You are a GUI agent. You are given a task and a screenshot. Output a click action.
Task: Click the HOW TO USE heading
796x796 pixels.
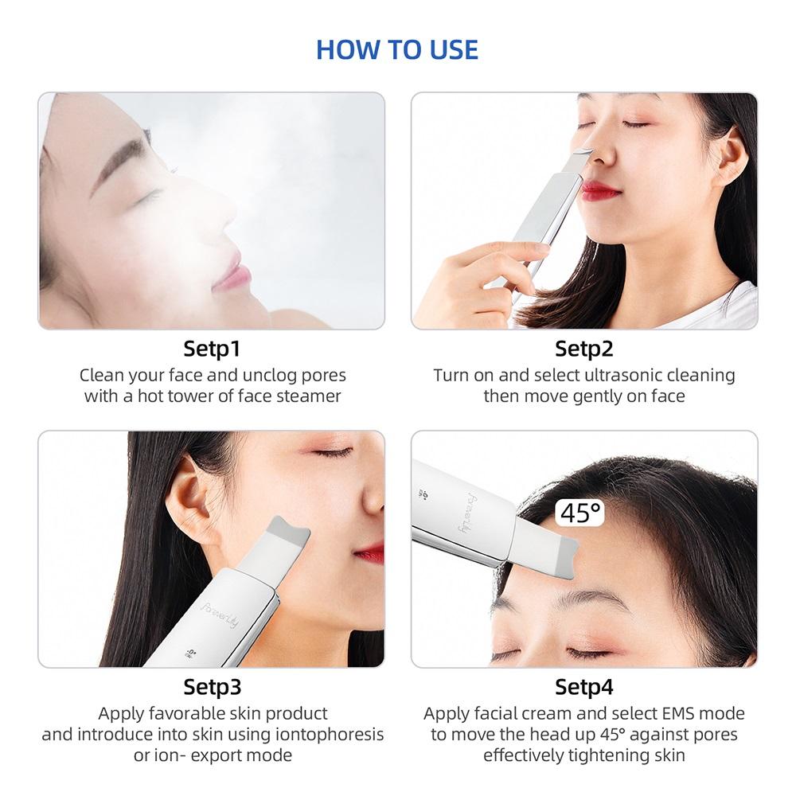click(x=397, y=49)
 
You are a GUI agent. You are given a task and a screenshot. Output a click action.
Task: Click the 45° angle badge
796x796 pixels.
click(x=580, y=513)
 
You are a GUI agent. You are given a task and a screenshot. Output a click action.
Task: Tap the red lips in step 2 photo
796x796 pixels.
click(x=599, y=190)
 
